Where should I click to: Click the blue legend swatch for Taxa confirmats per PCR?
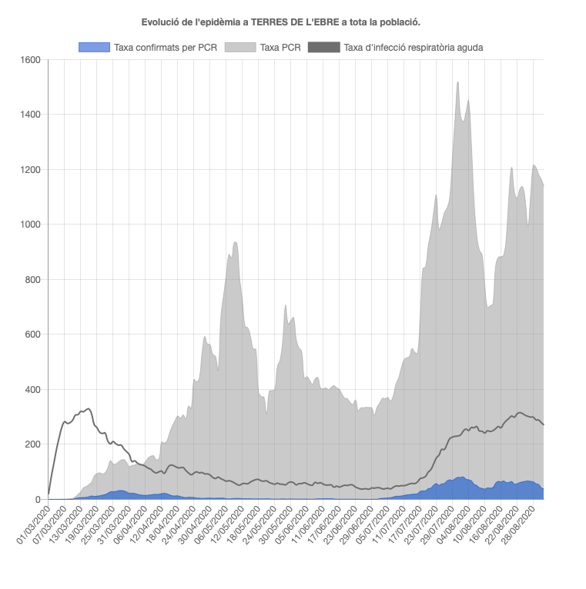pos(94,48)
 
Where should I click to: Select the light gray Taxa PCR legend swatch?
pos(240,48)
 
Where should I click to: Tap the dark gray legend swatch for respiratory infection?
pos(323,48)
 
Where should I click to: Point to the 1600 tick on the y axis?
pos(29,60)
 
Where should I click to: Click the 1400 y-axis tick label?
pos(29,115)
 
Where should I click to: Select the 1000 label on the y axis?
pos(29,225)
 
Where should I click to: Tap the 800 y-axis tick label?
pos(32,280)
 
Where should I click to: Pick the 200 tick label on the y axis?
pos(32,444)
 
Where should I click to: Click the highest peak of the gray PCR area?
pos(458,82)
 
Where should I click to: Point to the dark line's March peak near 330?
pos(89,408)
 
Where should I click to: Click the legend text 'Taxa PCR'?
pos(280,48)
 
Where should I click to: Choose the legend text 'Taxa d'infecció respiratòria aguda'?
pos(414,48)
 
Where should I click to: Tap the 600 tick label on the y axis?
pos(32,334)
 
